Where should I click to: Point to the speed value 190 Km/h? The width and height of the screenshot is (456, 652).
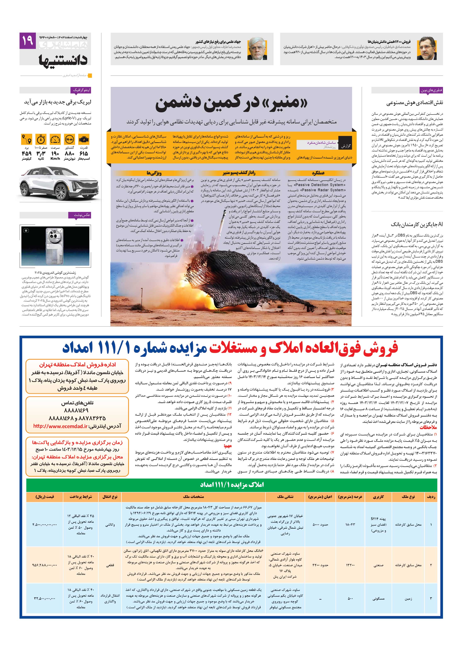(55, 154)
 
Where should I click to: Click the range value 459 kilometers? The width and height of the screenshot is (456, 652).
(27, 154)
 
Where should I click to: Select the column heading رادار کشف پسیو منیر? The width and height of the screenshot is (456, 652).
(238, 173)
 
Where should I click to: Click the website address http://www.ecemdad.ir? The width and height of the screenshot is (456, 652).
(61, 426)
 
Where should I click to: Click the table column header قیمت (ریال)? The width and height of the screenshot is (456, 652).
(45, 497)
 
